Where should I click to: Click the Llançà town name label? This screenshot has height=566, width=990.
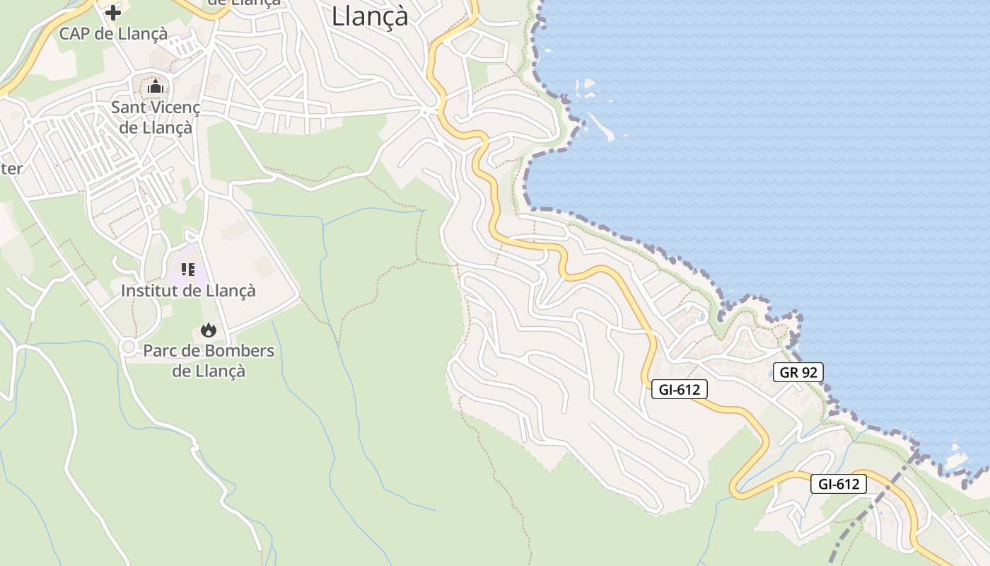coord(370,16)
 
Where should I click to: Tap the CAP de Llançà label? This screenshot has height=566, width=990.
coord(113,33)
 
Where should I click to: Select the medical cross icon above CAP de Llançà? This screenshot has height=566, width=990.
coord(113,12)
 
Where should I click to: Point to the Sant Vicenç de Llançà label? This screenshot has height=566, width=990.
coord(156,117)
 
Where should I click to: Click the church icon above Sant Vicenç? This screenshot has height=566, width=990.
coord(156,87)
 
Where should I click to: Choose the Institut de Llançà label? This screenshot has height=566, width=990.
coord(188,290)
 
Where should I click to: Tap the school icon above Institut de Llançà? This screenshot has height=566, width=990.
coord(187,269)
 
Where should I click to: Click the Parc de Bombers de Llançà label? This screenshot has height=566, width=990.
coord(209,360)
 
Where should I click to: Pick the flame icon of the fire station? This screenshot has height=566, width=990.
coord(208,330)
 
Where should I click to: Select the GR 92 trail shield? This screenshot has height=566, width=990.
coord(798,372)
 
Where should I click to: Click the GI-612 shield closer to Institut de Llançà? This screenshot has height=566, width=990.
coord(679,388)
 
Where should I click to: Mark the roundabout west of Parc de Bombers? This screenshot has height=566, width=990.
coord(128,347)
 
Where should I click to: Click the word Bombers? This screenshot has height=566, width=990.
coord(239,350)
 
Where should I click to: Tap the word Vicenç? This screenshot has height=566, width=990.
coord(174,108)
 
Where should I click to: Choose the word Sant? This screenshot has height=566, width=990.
coord(127,108)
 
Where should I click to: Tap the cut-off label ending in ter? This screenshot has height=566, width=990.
coord(11,168)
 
